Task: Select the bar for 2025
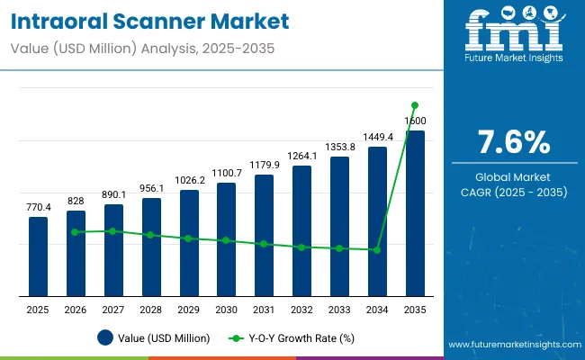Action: point(38,256)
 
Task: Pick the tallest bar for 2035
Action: point(415,212)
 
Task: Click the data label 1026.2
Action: point(189,180)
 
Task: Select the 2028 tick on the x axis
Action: point(151,310)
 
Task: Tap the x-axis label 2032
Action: point(301,310)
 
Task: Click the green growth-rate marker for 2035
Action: point(415,105)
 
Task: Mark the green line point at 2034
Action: point(377,250)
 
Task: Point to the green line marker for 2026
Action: point(76,232)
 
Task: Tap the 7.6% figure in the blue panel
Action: point(513,142)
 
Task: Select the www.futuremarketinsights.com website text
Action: point(512,345)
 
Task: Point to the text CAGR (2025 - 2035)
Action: point(513,192)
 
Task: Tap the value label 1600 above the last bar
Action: point(415,121)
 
